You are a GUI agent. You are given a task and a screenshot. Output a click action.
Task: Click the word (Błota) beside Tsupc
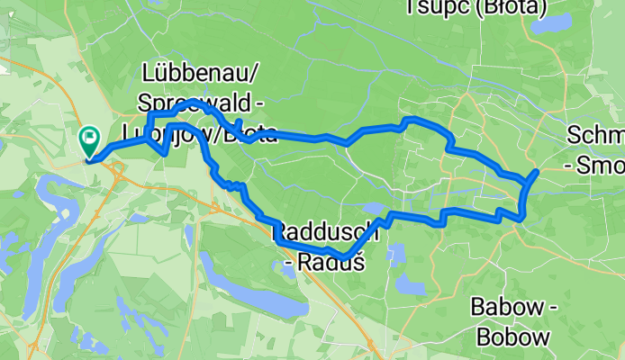coord(514,8)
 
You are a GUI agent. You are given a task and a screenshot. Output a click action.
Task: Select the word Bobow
coord(511,338)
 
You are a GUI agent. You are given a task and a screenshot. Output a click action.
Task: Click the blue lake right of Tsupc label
coord(551,23)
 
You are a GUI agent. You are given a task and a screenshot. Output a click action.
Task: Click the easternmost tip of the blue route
coord(537,171)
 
